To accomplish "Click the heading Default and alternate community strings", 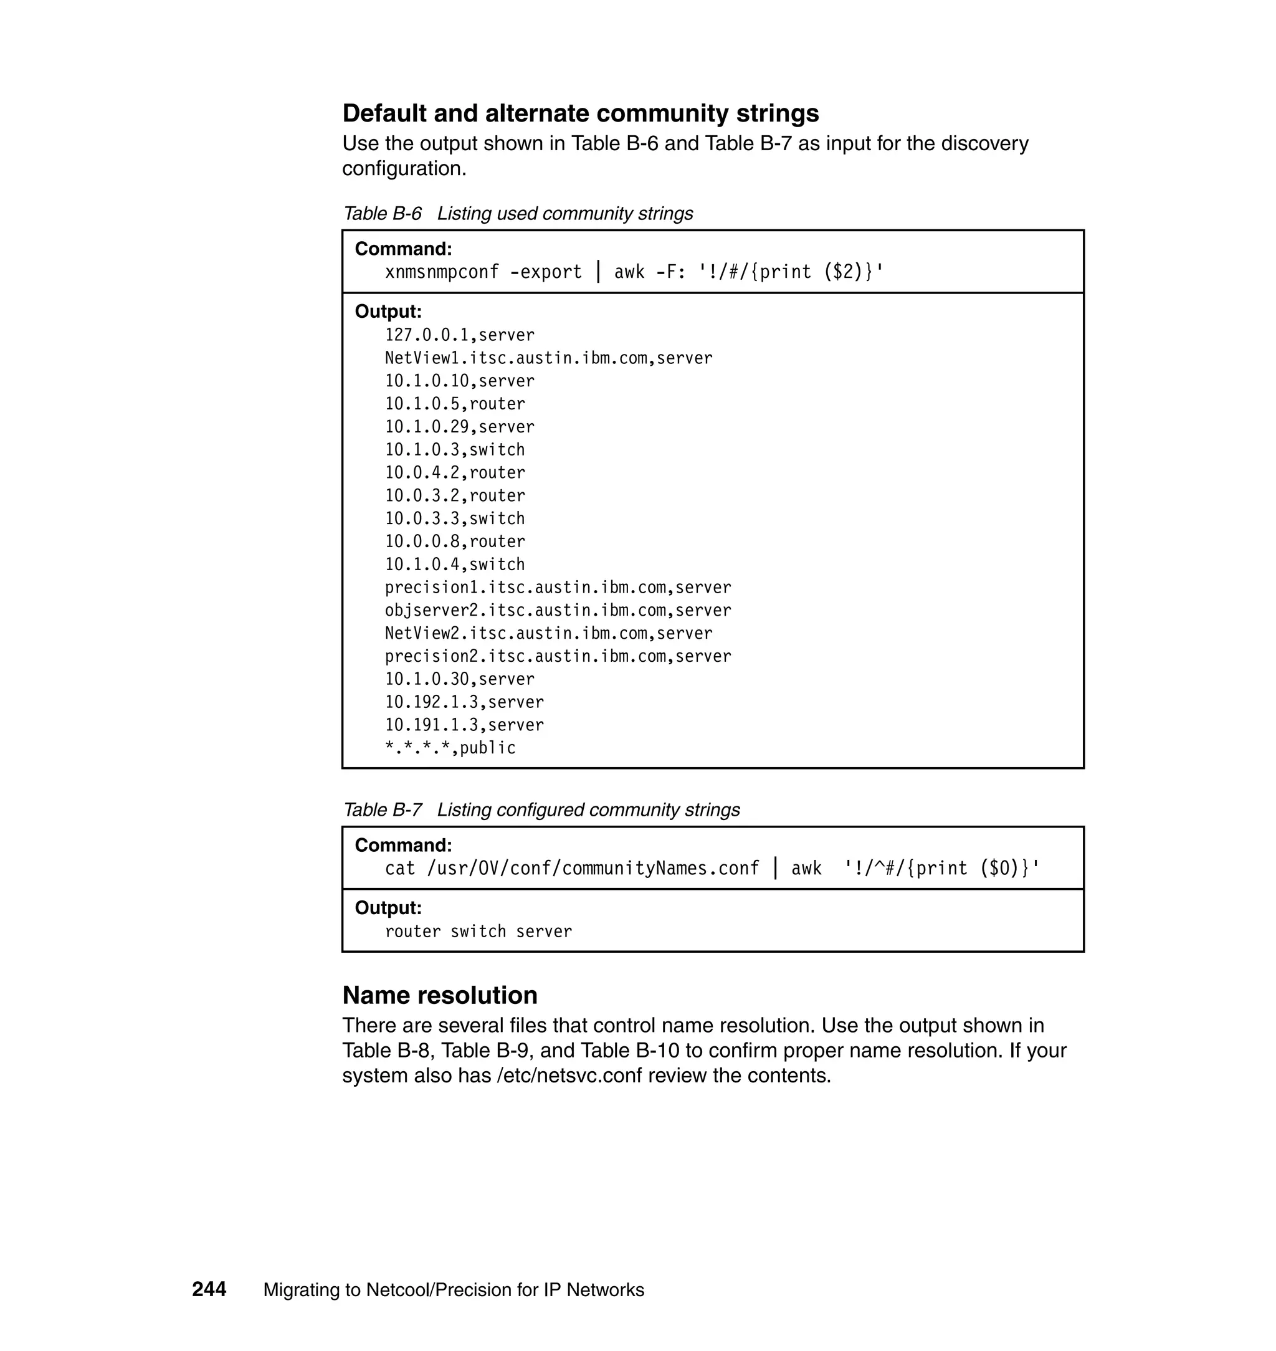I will click(x=580, y=113).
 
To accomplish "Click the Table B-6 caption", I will click(x=518, y=214).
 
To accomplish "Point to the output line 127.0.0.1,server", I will click(x=460, y=335).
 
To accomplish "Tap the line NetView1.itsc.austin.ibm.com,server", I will click(x=548, y=358).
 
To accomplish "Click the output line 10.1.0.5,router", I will click(x=455, y=404).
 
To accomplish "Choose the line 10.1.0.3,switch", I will click(x=455, y=450).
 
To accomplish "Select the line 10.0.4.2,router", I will click(x=455, y=473).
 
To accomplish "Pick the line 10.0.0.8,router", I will click(x=455, y=542).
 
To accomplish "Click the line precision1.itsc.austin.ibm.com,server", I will click(x=558, y=588).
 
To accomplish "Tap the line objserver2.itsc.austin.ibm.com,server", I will click(x=558, y=611).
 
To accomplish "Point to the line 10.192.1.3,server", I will click(x=465, y=702).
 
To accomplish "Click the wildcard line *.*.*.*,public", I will click(x=450, y=748).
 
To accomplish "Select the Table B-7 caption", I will click(x=541, y=810).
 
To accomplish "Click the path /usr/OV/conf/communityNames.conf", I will click(x=593, y=869).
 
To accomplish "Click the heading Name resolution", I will click(x=439, y=995).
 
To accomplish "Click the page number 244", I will click(x=209, y=1290).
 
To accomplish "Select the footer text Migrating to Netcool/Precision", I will click(x=453, y=1291).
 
